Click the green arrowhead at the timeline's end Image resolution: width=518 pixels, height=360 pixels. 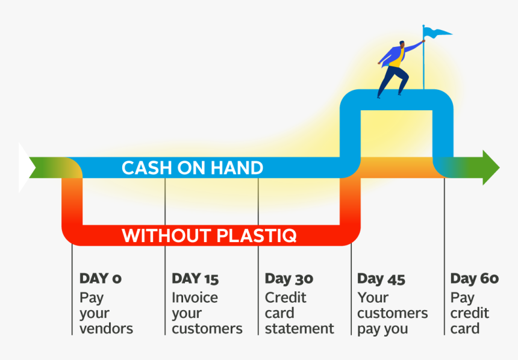(489, 167)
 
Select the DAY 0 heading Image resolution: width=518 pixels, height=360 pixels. (100, 279)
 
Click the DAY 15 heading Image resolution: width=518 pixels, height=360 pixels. (195, 279)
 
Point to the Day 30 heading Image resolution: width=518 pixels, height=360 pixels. (289, 279)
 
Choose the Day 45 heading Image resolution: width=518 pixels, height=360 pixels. (381, 279)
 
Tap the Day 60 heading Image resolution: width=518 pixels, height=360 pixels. (474, 279)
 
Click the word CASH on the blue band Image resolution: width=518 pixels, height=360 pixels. (146, 168)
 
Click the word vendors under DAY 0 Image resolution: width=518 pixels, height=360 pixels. (106, 329)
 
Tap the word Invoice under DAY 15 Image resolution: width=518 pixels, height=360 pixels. (195, 297)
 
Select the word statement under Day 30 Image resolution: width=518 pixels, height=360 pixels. (299, 329)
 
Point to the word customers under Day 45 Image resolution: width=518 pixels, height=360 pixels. (392, 313)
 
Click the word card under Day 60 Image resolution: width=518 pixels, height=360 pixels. (465, 329)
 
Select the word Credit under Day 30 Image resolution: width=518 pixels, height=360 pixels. (286, 297)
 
